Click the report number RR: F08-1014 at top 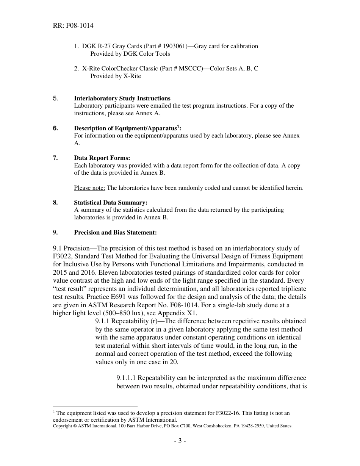(x=73, y=26)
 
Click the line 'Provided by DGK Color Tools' (x=130, y=54)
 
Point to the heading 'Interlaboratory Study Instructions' (x=122, y=99)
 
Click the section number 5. (x=56, y=99)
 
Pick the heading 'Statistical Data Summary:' (x=111, y=203)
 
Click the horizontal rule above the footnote (x=95, y=406)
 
